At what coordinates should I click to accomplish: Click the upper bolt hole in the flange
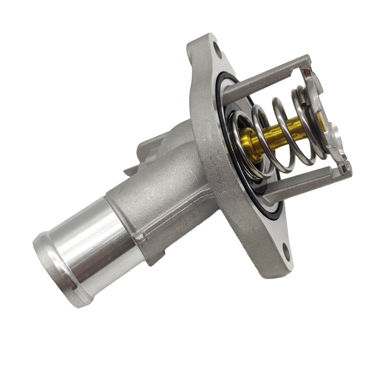pyautogui.click(x=217, y=50)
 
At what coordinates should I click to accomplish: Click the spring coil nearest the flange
pyautogui.click(x=238, y=144)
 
